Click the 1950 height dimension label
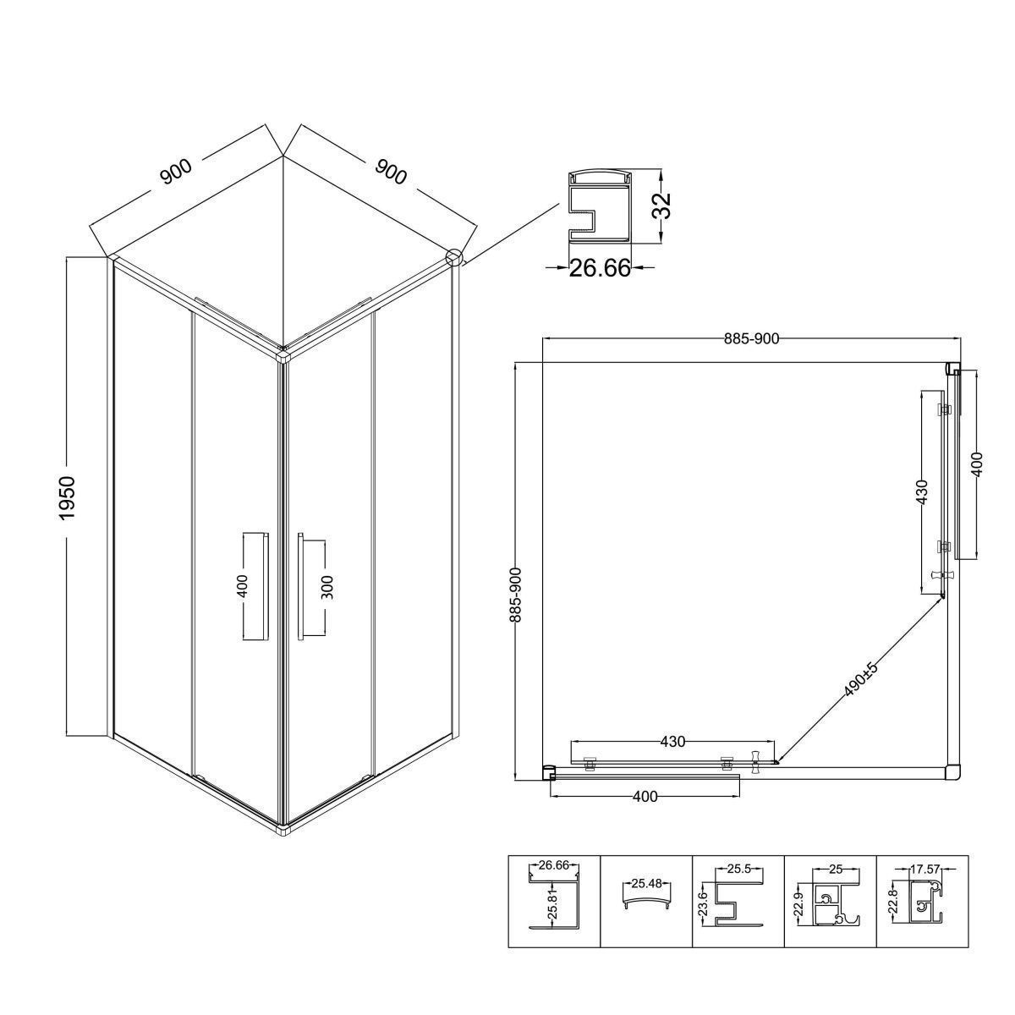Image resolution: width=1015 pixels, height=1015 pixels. click(69, 497)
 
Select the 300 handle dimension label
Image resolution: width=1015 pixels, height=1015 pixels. click(326, 587)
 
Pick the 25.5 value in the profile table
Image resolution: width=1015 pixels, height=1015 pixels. click(738, 870)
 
